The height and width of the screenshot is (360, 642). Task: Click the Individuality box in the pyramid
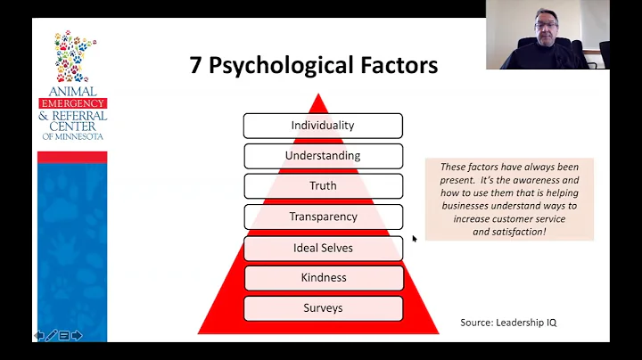tap(323, 126)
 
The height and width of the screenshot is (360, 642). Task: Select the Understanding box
tap(323, 156)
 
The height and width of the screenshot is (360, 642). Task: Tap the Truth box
tap(323, 186)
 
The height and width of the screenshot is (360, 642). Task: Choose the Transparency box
tap(323, 217)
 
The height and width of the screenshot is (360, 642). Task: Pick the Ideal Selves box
tap(323, 248)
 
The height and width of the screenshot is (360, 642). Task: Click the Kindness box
tap(323, 278)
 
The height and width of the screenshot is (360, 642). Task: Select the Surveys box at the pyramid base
tap(323, 308)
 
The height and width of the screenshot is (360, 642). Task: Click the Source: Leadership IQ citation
tap(508, 323)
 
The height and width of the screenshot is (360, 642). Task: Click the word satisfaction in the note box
tap(517, 232)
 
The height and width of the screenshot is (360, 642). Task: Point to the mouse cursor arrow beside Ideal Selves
tap(415, 239)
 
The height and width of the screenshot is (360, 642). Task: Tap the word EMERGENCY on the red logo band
tap(72, 104)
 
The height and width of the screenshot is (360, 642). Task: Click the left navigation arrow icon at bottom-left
tap(39, 335)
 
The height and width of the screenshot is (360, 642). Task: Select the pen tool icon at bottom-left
tap(52, 335)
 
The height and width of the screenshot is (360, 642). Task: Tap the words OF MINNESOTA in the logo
tap(72, 135)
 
